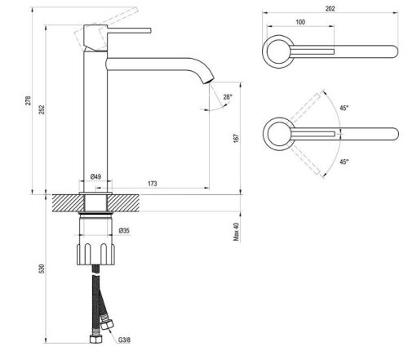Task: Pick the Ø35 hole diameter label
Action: (x=125, y=231)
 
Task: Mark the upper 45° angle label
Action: (x=344, y=109)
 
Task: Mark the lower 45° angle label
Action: (x=344, y=162)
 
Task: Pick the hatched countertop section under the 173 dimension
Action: (x=163, y=201)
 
